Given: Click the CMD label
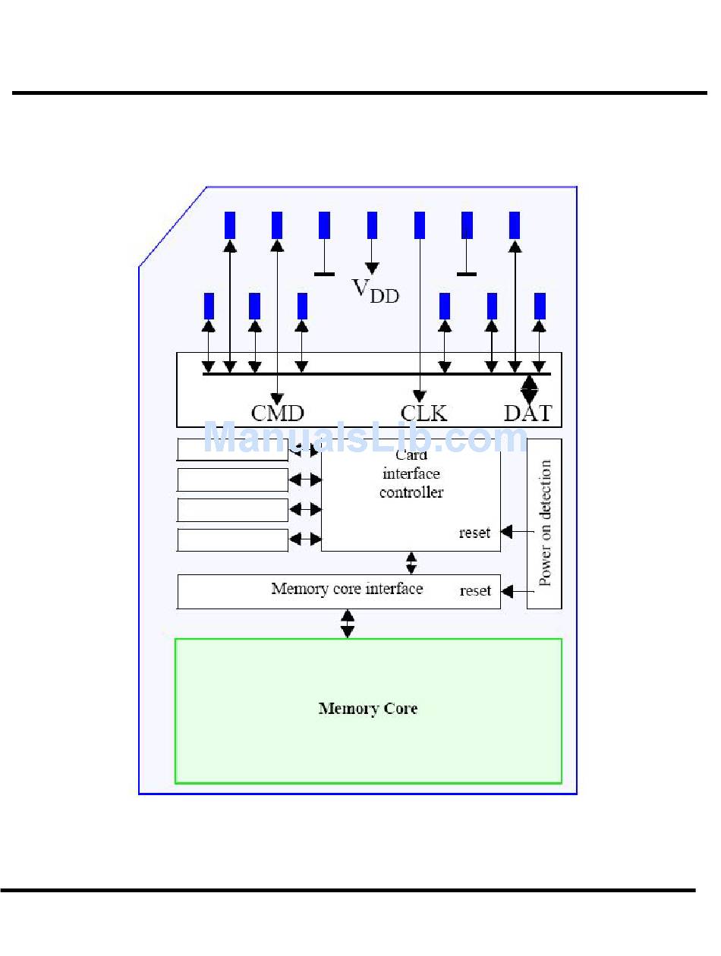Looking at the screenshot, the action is pos(277,413).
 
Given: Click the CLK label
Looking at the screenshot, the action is pos(423,413).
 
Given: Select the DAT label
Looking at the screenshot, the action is pos(528,413).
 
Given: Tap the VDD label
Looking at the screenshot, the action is pos(375,291).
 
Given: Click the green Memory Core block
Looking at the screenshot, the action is pos(368,710).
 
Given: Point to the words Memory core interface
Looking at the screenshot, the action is pos(347,589).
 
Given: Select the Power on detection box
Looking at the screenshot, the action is pos(544,524).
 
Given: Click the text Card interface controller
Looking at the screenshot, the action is pos(411,473).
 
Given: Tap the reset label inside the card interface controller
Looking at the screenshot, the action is pos(474,533).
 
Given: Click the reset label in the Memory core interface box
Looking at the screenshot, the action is pos(475,590).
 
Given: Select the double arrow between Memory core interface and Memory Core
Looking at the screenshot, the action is pos(347,624).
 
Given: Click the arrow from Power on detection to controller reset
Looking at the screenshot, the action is pos(517,532).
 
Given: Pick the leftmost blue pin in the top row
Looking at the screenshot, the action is pos(230,225).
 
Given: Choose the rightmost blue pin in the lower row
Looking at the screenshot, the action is pos(540,307).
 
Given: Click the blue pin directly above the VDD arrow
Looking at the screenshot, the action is pos(372,225).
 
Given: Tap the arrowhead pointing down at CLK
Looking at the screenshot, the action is pos(419,396).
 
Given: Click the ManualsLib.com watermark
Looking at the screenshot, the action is pos(365,438).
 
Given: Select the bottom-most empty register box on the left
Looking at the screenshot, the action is pos(233,540).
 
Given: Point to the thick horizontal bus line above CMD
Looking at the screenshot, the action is pos(376,374).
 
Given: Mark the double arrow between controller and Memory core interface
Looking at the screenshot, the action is pos(411,563).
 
